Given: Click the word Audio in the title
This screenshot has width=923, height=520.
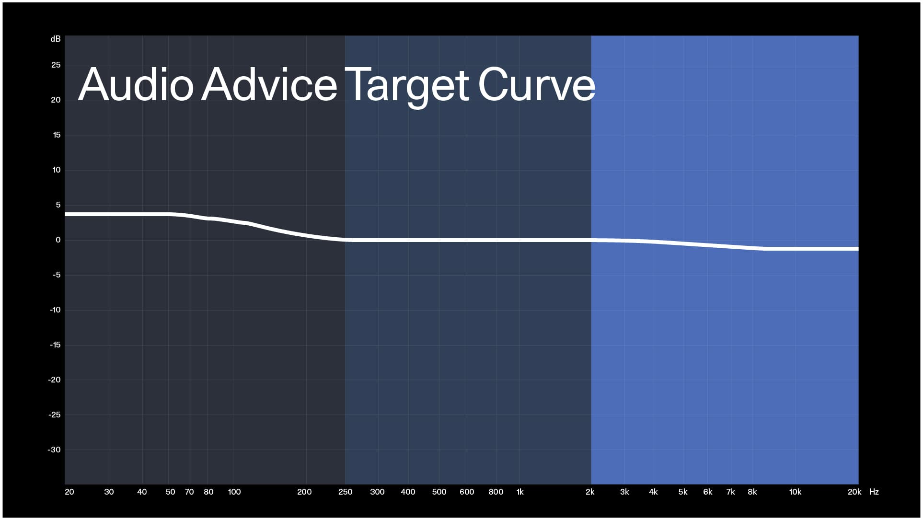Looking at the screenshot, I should (136, 85).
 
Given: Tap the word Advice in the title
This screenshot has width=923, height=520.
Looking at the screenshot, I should (269, 85).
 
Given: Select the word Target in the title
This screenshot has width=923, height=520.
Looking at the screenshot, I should (406, 85).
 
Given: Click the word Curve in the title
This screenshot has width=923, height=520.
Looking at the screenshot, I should (536, 85).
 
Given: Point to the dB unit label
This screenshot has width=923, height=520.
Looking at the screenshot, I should (56, 39).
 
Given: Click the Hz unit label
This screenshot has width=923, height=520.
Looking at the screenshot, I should (874, 492).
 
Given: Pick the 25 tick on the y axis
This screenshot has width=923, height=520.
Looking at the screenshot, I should (56, 65).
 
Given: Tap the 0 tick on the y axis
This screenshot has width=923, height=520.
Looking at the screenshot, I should (58, 240).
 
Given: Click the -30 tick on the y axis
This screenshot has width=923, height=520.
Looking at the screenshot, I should (54, 450).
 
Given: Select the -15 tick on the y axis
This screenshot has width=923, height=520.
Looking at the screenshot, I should (55, 345).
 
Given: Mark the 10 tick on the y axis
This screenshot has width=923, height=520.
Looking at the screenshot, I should (57, 170).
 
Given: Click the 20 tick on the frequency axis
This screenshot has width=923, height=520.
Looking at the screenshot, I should (69, 492).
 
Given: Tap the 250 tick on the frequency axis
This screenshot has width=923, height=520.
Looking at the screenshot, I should (345, 492).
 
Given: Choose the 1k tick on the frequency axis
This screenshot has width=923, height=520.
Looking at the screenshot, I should (520, 492).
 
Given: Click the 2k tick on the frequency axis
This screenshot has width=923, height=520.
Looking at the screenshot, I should (590, 492).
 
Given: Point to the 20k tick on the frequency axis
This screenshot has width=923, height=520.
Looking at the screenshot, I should (854, 492).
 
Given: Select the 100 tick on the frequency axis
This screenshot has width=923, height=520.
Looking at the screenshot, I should (234, 492).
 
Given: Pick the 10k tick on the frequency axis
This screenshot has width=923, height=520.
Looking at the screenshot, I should (795, 492).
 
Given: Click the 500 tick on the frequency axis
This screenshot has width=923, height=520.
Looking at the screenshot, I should (439, 492).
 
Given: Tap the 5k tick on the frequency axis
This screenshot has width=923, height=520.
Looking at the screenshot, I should (683, 492).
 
